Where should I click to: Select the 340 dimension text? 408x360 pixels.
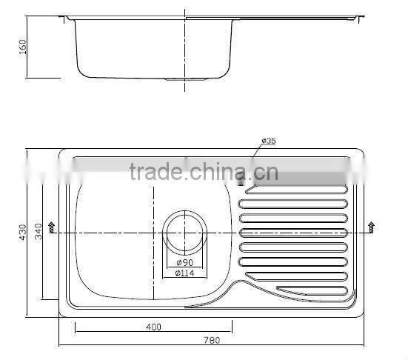point(50,232)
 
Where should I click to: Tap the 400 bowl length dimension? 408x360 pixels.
point(153,326)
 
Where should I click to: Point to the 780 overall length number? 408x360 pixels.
point(213,340)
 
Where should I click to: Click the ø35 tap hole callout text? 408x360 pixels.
point(268,141)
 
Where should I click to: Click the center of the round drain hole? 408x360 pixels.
point(183,233)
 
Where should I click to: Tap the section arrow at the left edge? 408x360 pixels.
point(51,227)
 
